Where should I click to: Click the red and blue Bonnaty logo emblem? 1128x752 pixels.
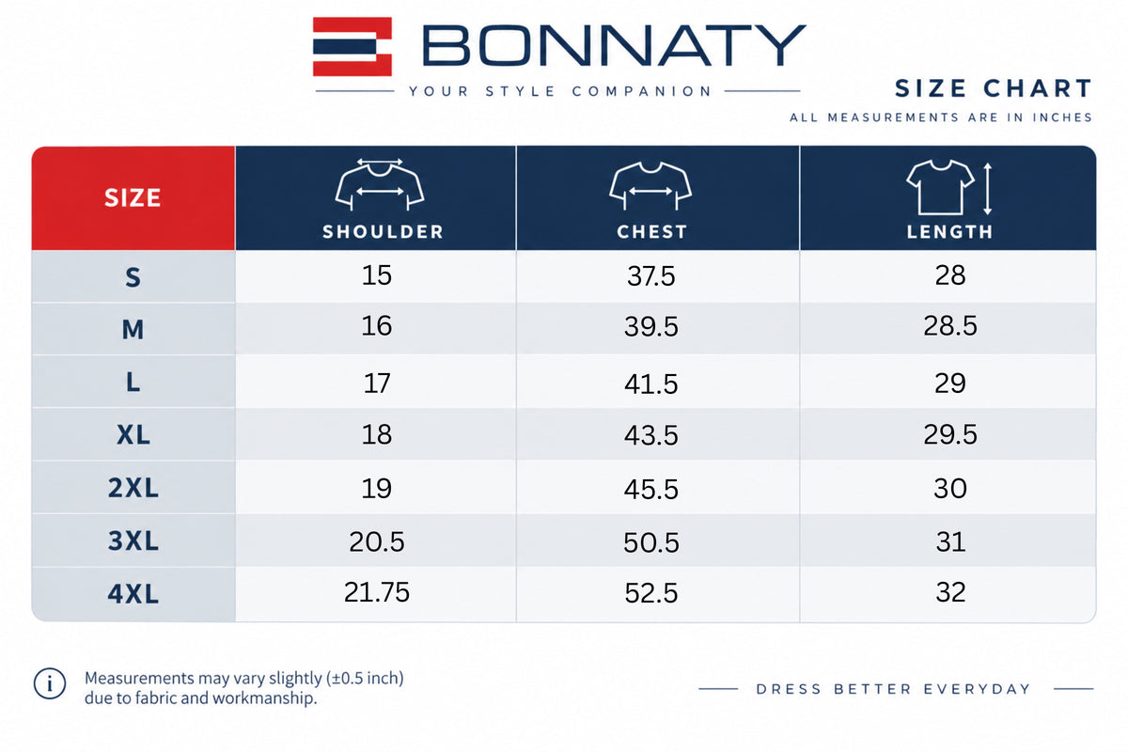(x=352, y=46)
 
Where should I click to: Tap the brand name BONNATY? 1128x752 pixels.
(x=614, y=45)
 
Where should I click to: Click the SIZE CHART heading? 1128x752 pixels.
(x=993, y=88)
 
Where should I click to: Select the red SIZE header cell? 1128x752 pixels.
(x=133, y=198)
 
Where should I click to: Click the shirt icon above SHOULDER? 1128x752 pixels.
(x=380, y=184)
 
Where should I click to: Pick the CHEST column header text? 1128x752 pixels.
(x=652, y=231)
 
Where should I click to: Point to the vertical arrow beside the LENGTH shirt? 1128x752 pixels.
(x=988, y=189)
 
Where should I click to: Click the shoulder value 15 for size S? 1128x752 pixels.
(x=377, y=275)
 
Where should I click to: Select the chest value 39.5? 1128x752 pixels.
(x=651, y=326)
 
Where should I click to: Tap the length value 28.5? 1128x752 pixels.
(x=950, y=325)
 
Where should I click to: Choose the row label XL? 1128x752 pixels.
(x=133, y=434)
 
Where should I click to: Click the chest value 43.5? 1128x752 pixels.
(x=651, y=435)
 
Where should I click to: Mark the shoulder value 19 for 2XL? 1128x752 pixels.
(x=377, y=489)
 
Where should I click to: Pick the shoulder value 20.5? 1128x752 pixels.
(x=377, y=542)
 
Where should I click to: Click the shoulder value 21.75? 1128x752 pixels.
(x=377, y=592)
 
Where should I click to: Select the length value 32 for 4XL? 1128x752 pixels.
(x=950, y=592)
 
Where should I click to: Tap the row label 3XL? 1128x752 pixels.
(x=133, y=540)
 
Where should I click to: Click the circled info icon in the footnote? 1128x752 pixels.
(x=49, y=684)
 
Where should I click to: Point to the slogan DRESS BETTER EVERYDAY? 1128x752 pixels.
(x=894, y=689)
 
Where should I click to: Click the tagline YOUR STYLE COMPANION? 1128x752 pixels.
(x=560, y=91)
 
